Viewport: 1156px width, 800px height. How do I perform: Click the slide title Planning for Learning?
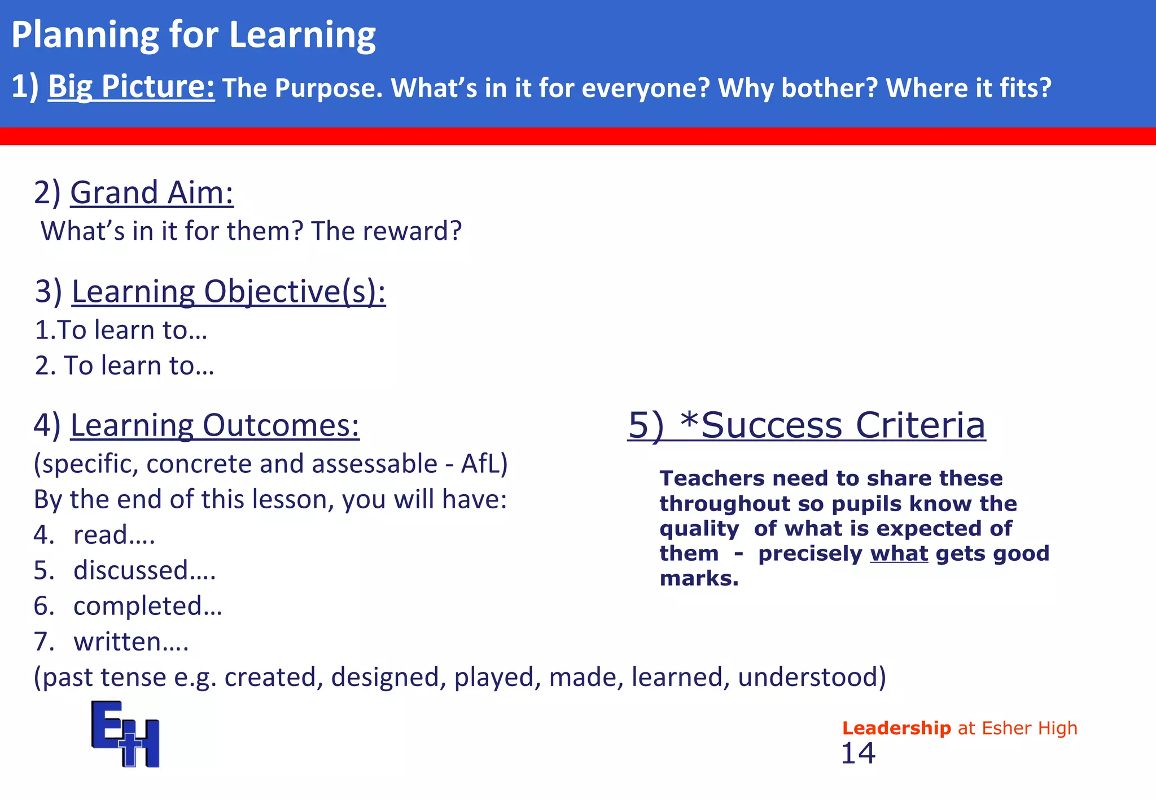pos(193,35)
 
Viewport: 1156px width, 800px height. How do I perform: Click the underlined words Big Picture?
pos(131,87)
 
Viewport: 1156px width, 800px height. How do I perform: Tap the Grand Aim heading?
pos(151,192)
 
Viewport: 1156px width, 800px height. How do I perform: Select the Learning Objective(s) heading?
pos(228,292)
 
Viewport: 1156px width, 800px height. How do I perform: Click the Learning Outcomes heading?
pos(214,425)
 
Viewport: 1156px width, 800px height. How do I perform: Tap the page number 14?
pos(857,754)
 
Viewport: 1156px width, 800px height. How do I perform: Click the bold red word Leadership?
pos(896,728)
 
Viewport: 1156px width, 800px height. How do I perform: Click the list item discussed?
pos(144,570)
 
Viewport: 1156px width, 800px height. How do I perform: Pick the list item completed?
pos(147,606)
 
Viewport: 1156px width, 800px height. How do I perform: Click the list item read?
pos(113,535)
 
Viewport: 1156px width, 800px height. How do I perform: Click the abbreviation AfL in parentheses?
pos(480,464)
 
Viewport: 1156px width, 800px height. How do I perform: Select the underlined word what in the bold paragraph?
pos(899,553)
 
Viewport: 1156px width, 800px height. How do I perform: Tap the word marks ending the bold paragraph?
pos(698,578)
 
